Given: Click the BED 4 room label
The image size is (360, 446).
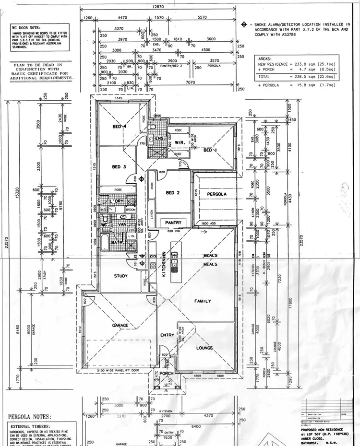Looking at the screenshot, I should pyautogui.click(x=119, y=127).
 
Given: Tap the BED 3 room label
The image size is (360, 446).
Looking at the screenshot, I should pyautogui.click(x=119, y=167).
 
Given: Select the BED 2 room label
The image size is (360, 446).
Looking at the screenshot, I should pyautogui.click(x=173, y=193).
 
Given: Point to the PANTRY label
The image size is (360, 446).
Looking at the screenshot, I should pyautogui.click(x=173, y=223).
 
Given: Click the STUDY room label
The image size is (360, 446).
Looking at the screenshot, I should pyautogui.click(x=120, y=276).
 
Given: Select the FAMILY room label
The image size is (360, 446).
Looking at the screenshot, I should pyautogui.click(x=203, y=301).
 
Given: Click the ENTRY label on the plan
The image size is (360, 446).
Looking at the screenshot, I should pyautogui.click(x=167, y=335).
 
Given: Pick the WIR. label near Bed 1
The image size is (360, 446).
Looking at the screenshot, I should pyautogui.click(x=180, y=142).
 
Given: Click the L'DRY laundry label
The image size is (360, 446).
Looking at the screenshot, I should pyautogui.click(x=117, y=201).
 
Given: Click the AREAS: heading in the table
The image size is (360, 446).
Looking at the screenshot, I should pyautogui.click(x=267, y=58).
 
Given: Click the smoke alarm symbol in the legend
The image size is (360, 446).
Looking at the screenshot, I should pyautogui.click(x=244, y=24).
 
